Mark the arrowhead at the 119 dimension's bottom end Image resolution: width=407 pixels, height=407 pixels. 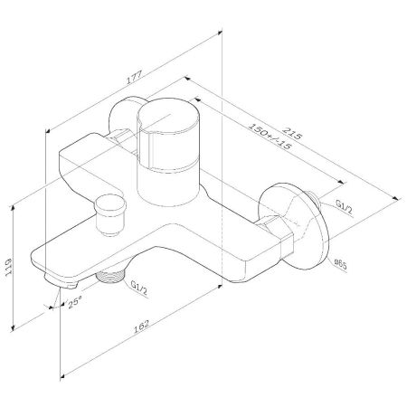[x=14, y=330]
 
